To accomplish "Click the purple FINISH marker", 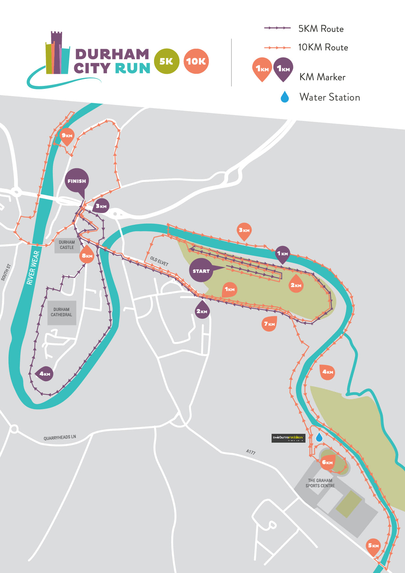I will point(77,181).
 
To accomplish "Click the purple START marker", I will point(201,270).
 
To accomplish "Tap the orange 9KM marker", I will point(67,136).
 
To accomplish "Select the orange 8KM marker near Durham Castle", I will point(87,256).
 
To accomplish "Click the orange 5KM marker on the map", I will point(373,546).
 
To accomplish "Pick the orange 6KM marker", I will point(327,462).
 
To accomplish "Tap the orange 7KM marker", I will point(269,324).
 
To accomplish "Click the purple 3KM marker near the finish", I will point(101,206).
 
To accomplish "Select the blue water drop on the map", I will point(319,437).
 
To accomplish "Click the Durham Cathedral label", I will point(61,312).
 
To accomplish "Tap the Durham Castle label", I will point(67,245).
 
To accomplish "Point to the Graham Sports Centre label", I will point(320,483).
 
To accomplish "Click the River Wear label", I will point(33,268).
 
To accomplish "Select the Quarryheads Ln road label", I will point(60,437).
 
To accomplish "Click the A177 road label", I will point(251,452).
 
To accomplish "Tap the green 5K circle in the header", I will point(166,61).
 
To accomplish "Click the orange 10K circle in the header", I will point(196,61).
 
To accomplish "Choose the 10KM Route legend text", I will point(323,47).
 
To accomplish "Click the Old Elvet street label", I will point(159,261).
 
